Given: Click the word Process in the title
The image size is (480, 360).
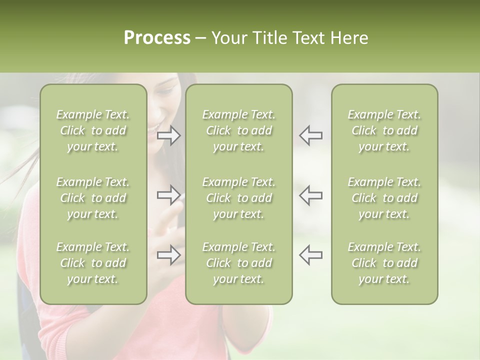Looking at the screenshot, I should click(x=157, y=38).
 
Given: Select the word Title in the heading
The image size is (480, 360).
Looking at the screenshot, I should click(x=269, y=38).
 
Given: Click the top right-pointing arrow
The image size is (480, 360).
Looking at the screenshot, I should click(x=169, y=135).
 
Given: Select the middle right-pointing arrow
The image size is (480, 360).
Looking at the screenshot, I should click(x=169, y=195).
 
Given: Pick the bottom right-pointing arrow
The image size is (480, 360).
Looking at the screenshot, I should click(x=169, y=255).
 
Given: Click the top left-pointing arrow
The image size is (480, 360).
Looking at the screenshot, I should click(x=310, y=135).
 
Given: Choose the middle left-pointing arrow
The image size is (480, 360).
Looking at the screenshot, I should click(x=310, y=195).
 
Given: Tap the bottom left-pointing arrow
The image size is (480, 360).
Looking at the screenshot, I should click(x=310, y=255).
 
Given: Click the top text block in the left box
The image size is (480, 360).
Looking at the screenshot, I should click(x=93, y=130).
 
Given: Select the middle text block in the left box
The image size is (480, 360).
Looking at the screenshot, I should click(x=93, y=198).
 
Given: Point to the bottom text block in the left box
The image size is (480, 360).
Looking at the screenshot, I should click(x=93, y=263).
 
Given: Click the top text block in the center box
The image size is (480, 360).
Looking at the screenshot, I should click(x=238, y=130).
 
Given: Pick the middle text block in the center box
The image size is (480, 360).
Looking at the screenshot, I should click(x=238, y=198).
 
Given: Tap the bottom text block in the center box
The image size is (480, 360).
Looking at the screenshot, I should click(x=238, y=263).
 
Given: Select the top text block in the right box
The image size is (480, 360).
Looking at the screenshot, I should click(x=384, y=130).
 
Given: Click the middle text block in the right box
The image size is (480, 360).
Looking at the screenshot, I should click(x=384, y=198).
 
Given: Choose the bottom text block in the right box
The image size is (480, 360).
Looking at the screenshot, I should click(x=384, y=263).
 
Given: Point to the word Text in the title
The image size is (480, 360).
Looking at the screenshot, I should click(x=309, y=38).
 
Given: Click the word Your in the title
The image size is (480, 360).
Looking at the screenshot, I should click(x=229, y=38).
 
